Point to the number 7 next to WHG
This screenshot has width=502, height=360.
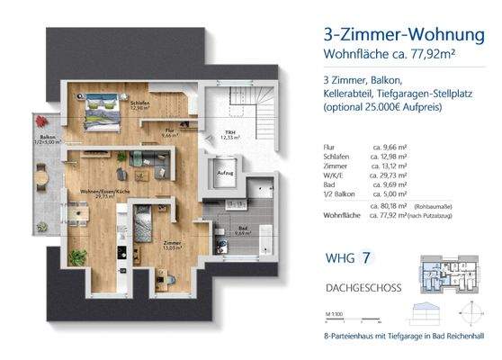367,259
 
